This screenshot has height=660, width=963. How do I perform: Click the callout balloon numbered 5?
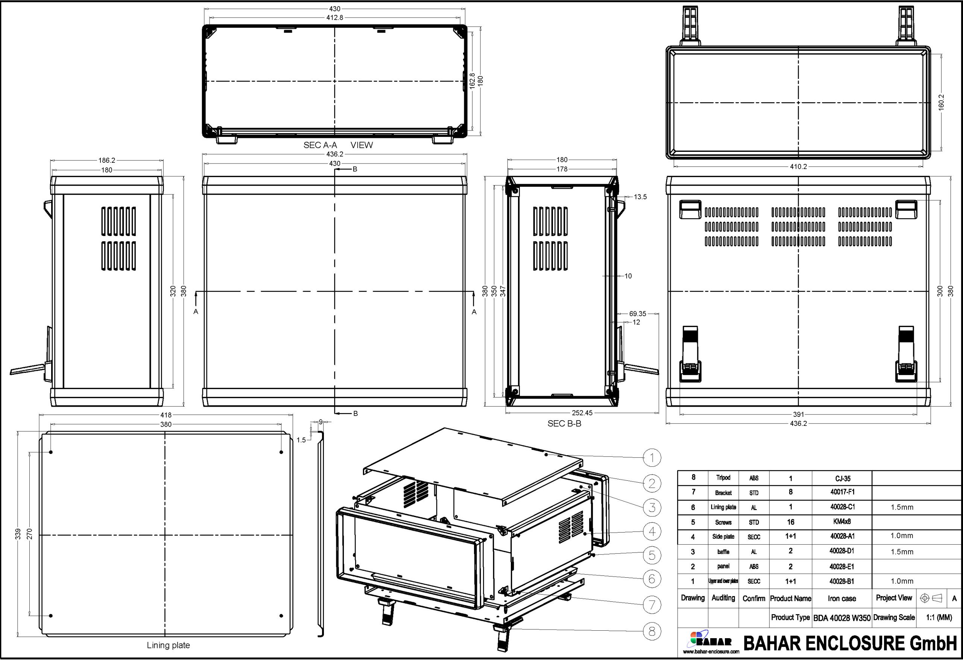[x=652, y=555]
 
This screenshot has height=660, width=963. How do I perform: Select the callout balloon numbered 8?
[x=652, y=631]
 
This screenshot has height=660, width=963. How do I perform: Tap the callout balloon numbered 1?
[x=652, y=457]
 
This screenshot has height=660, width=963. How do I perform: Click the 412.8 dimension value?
[x=335, y=18]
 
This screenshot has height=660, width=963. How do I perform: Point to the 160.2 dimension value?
[x=941, y=102]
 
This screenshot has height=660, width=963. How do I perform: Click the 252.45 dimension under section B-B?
[x=582, y=413]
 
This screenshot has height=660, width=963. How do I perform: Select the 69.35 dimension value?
[x=637, y=314]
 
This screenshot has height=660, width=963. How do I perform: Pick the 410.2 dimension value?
[x=798, y=167]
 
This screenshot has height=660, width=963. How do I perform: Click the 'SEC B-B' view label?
[x=564, y=424]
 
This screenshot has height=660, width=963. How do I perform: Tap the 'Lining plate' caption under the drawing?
[x=168, y=645]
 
